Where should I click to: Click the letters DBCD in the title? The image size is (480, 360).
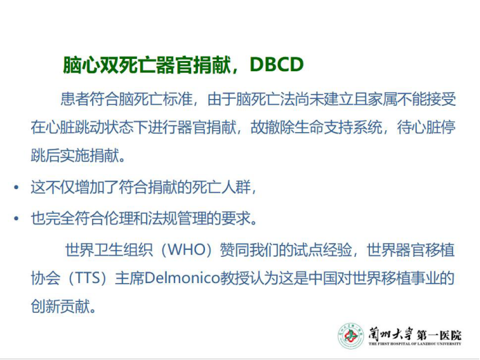coord(277,64)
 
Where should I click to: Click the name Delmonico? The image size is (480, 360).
coord(182,278)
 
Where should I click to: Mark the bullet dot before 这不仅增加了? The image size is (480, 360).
coord(16,187)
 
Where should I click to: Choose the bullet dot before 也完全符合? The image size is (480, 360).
coord(16,218)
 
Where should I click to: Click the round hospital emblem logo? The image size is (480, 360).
coord(350,336)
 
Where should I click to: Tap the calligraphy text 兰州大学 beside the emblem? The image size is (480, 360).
coord(391,334)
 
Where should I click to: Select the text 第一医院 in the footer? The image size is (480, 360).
coord(439,335)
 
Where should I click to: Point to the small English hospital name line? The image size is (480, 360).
coord(415,344)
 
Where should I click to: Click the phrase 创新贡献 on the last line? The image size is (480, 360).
coord(60,306)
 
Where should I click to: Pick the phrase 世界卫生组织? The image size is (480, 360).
coord(109,250)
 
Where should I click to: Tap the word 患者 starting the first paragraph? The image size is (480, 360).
coord(75,99)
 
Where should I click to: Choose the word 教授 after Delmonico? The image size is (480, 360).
coord(235,278)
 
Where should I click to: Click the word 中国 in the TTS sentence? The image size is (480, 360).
coord(323,278)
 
